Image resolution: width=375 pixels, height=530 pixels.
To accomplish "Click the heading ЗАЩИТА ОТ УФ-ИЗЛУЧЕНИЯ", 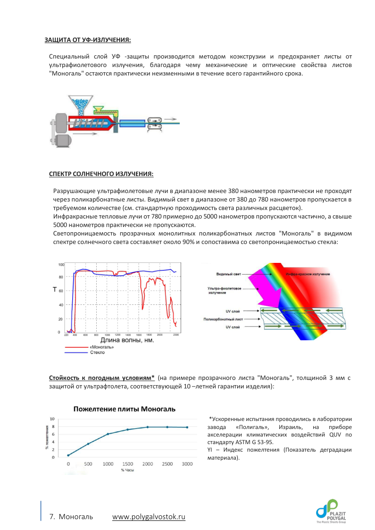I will coord(88,39).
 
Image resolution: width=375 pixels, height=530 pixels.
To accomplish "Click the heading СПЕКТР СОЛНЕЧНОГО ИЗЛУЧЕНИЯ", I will coord(101,174).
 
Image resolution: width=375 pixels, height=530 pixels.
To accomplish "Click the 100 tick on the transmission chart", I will coord(61,264).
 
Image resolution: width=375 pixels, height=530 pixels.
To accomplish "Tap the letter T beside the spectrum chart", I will coord(55,290).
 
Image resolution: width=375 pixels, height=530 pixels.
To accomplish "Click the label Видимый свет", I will coord(228,274).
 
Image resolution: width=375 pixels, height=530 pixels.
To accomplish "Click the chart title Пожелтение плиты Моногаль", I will coord(124,408).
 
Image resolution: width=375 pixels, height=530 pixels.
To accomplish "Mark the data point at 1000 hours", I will coord(108,434).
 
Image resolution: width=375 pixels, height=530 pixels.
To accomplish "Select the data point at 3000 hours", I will coord(187,427).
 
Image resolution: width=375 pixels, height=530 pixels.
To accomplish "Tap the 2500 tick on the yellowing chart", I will coord(167,464).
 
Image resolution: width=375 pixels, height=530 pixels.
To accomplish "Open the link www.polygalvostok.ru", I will coord(149,517).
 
